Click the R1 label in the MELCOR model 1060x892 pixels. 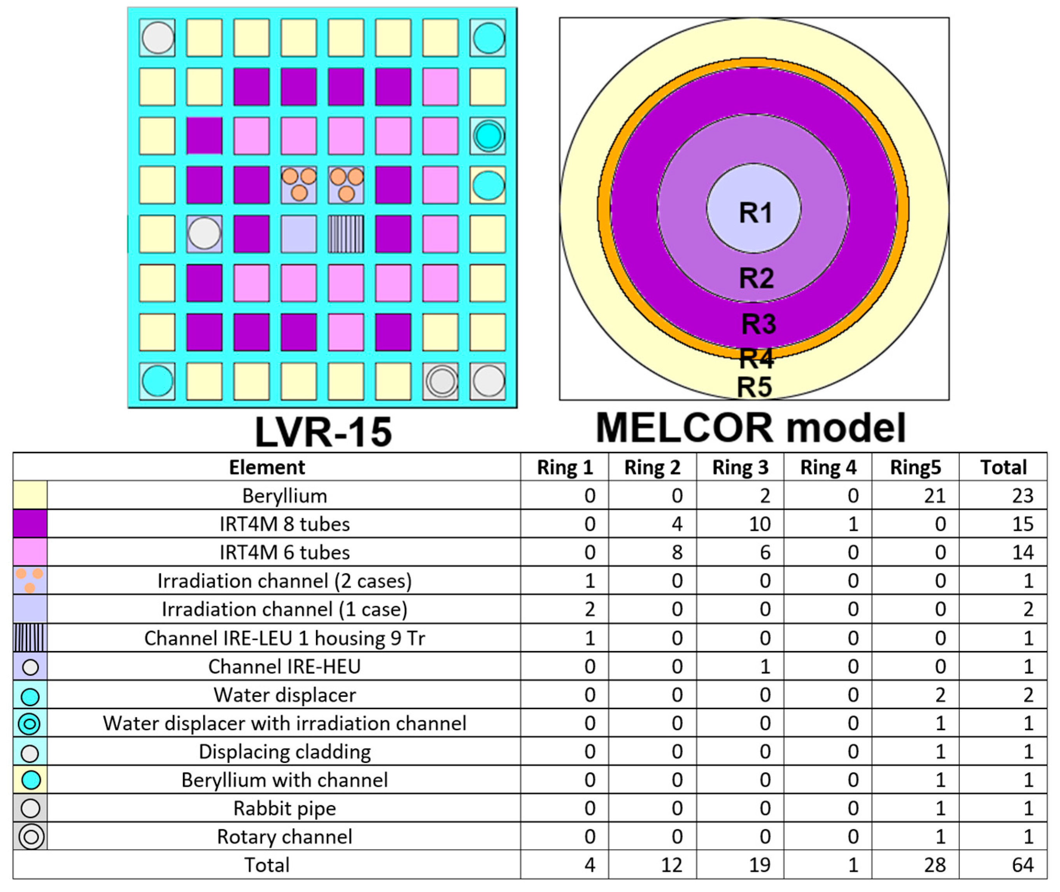[x=755, y=212]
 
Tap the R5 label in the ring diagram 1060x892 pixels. [x=754, y=387]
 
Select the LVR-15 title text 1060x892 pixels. [x=323, y=432]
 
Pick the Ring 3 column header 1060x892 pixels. [x=740, y=467]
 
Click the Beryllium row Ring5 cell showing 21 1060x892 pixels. [x=934, y=496]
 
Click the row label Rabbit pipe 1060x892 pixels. [x=284, y=808]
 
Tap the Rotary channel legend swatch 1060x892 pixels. [x=30, y=837]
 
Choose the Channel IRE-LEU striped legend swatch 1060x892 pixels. [x=30, y=638]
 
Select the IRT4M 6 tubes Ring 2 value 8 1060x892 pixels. [x=677, y=552]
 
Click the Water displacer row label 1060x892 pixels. [x=284, y=695]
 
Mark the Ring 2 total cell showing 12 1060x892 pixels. [x=671, y=865]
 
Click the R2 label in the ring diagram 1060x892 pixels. [x=756, y=278]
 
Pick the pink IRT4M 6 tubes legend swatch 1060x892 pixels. [x=30, y=552]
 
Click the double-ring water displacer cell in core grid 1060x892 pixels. [x=488, y=136]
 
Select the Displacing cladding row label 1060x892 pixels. [x=284, y=751]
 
